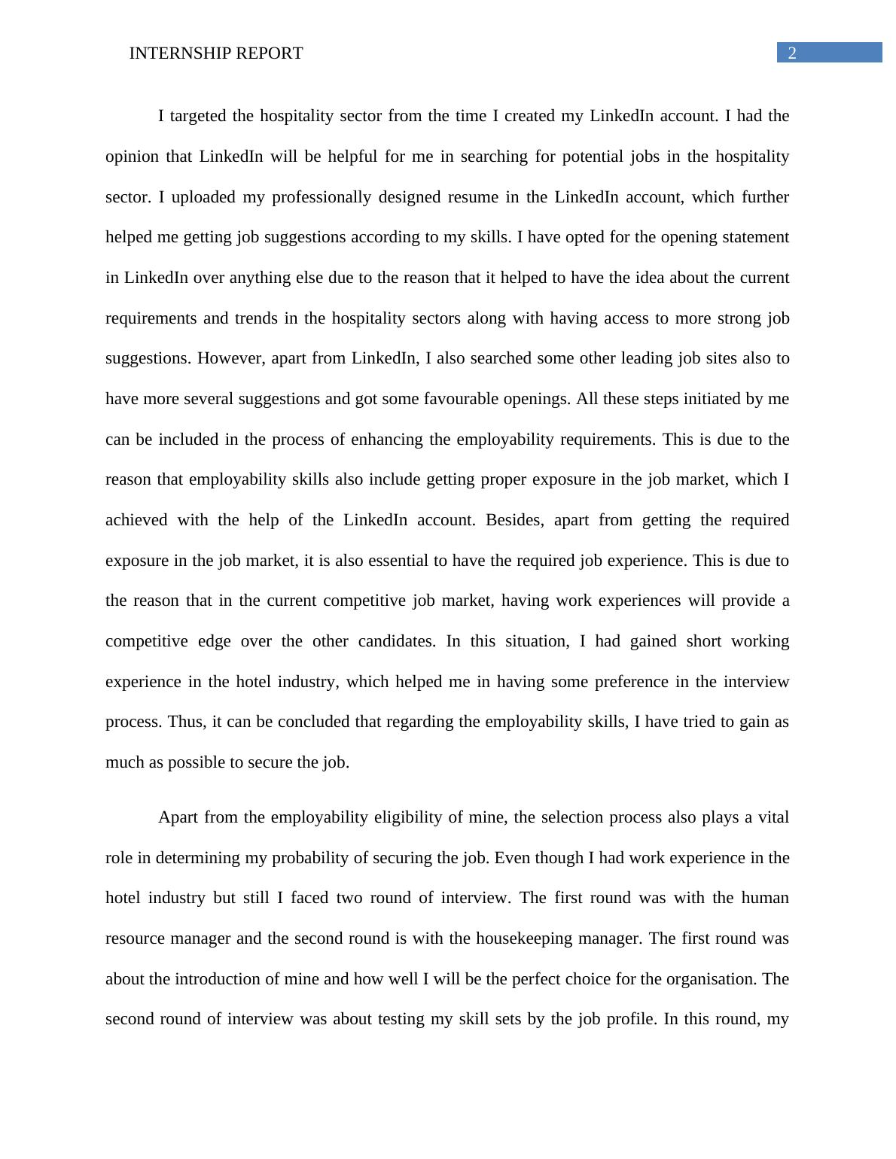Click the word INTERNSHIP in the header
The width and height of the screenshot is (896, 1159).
[172, 53]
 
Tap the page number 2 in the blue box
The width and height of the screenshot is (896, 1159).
[792, 53]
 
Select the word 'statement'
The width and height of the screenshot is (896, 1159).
[754, 237]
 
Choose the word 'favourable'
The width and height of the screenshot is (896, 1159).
[460, 399]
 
